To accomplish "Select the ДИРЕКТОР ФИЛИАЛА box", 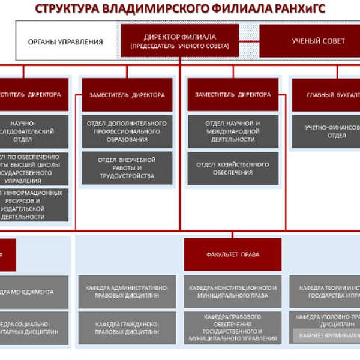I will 180,40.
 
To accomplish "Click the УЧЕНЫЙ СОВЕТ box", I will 318,41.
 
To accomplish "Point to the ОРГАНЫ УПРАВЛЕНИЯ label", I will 65,42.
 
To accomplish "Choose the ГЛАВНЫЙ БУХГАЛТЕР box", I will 327,95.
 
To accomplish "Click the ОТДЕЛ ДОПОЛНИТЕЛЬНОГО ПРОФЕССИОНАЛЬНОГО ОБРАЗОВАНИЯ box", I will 127,131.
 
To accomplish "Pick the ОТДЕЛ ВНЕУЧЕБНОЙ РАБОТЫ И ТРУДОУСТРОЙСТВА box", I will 127,168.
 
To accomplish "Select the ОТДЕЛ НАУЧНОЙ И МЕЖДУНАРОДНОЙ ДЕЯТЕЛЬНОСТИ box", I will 233,131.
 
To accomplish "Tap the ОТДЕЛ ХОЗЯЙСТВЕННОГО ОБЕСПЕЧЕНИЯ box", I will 233,168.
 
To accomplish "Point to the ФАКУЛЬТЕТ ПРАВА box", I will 233,254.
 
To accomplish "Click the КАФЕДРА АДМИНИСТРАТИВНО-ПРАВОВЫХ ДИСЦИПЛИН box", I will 127,292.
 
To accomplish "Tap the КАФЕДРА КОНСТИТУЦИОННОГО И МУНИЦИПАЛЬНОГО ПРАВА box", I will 233,292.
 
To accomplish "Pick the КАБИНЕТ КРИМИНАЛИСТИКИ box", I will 327,337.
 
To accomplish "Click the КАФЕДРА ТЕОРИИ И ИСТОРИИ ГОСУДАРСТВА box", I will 327,292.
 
